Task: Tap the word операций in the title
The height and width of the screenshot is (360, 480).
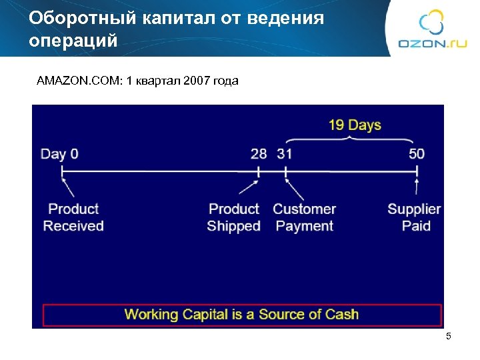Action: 73,41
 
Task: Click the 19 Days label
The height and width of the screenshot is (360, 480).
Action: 355,125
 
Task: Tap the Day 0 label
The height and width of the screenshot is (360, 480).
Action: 59,154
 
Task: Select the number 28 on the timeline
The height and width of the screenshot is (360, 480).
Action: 259,154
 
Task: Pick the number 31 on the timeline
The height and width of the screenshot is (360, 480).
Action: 285,154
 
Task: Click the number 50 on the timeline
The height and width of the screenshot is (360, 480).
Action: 417,154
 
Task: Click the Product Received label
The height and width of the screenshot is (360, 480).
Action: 73,217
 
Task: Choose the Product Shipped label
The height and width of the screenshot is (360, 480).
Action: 233,217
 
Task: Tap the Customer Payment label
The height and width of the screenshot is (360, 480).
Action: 304,217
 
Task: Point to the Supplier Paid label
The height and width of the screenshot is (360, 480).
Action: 414,217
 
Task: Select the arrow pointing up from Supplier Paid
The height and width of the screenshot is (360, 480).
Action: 417,187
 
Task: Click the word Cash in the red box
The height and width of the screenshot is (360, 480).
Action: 341,314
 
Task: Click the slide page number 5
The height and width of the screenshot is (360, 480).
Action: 449,337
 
